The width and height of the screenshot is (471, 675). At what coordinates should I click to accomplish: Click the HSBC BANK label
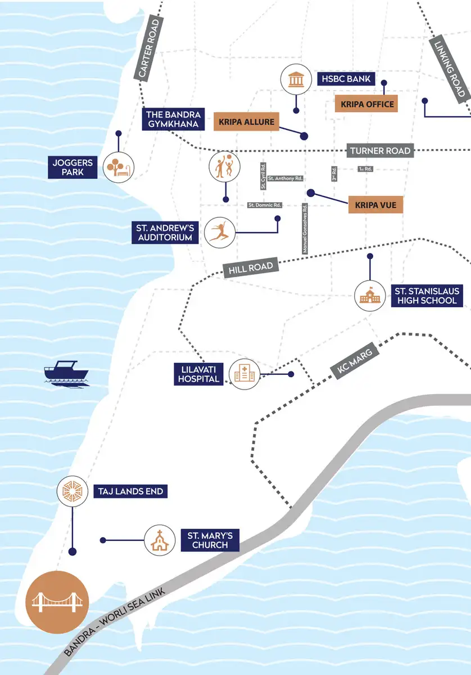(347, 79)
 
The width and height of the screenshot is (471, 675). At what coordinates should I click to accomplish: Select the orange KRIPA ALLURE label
(246, 122)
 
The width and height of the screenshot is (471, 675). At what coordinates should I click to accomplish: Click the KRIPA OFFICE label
(367, 104)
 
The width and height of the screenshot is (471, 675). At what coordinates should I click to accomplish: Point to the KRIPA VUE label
(375, 205)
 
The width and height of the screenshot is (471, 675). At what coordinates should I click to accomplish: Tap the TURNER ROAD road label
(379, 151)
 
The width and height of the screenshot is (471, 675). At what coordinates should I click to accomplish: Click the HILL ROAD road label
(251, 268)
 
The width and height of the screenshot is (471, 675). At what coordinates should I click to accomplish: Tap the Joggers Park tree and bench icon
(119, 167)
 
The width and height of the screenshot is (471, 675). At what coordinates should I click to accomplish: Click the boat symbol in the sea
(66, 373)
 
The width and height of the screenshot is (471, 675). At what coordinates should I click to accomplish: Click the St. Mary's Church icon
(160, 540)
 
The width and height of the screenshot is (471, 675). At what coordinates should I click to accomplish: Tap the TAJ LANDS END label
(130, 491)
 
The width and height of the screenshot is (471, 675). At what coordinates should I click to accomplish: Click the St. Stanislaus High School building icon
(370, 296)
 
